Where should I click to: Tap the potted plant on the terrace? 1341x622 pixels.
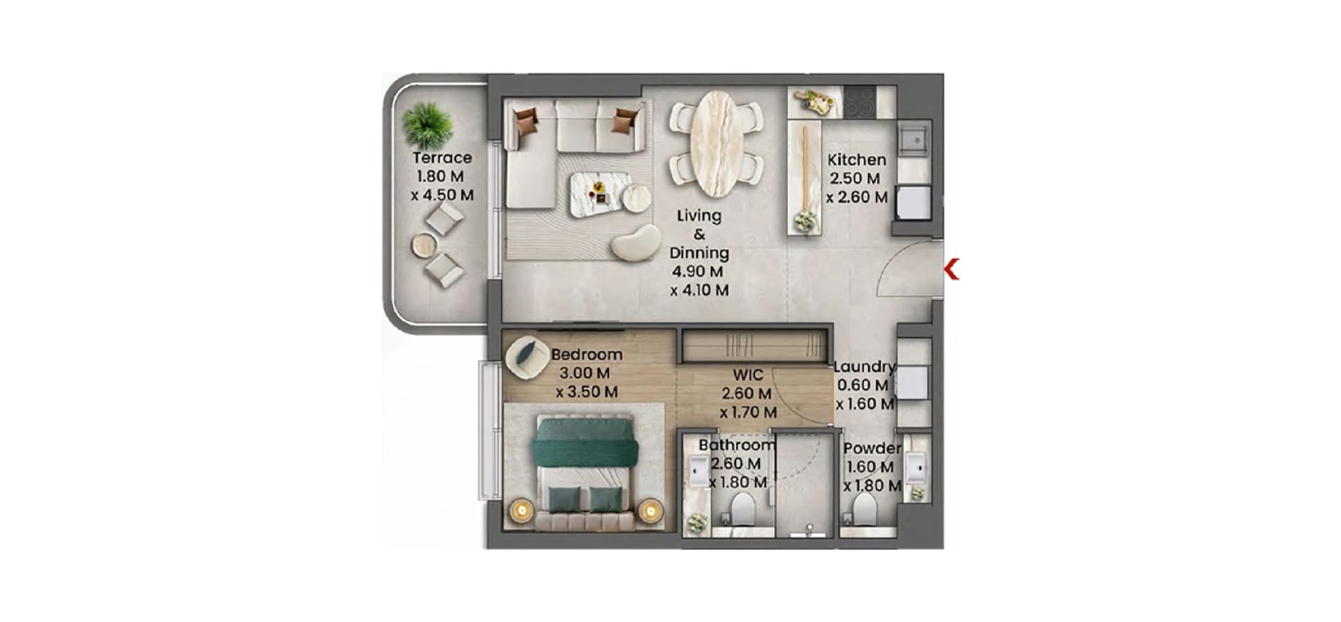(427, 125)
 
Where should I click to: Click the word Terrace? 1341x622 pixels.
(441, 158)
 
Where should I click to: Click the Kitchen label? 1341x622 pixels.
(856, 160)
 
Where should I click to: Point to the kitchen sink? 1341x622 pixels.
(914, 138)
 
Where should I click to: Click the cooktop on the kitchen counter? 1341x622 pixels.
(858, 103)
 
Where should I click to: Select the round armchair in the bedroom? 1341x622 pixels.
(528, 358)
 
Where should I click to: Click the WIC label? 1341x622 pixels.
(747, 375)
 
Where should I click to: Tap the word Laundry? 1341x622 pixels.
(864, 366)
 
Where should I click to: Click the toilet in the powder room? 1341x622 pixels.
(865, 510)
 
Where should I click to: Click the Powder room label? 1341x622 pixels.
(872, 448)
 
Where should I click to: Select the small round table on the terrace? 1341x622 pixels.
(423, 246)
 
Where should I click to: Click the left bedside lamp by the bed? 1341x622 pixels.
(521, 510)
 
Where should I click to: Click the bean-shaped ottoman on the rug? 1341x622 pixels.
(636, 243)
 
